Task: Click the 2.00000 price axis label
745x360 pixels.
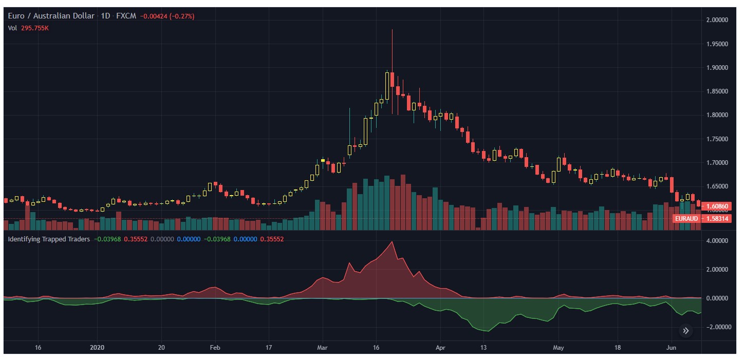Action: pyautogui.click(x=717, y=20)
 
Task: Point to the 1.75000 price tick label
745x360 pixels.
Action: pyautogui.click(x=717, y=139)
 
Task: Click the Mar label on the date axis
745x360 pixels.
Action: pyautogui.click(x=322, y=348)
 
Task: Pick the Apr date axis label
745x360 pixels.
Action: pyautogui.click(x=440, y=348)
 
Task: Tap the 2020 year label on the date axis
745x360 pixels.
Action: pyautogui.click(x=97, y=348)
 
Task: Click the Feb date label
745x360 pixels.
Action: pyautogui.click(x=215, y=348)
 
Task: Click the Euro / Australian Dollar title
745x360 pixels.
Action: pyautogui.click(x=51, y=16)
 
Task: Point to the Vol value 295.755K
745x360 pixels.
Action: pyautogui.click(x=35, y=28)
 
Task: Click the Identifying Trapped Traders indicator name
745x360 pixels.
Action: pyautogui.click(x=49, y=239)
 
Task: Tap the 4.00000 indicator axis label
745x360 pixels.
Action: pyautogui.click(x=717, y=241)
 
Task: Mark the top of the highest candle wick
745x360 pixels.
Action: pyautogui.click(x=392, y=30)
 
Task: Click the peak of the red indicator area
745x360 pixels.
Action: pyautogui.click(x=392, y=242)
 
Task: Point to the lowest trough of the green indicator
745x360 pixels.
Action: pyautogui.click(x=488, y=331)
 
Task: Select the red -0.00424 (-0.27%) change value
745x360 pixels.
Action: pyautogui.click(x=169, y=16)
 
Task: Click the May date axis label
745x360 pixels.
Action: pyautogui.click(x=558, y=348)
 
